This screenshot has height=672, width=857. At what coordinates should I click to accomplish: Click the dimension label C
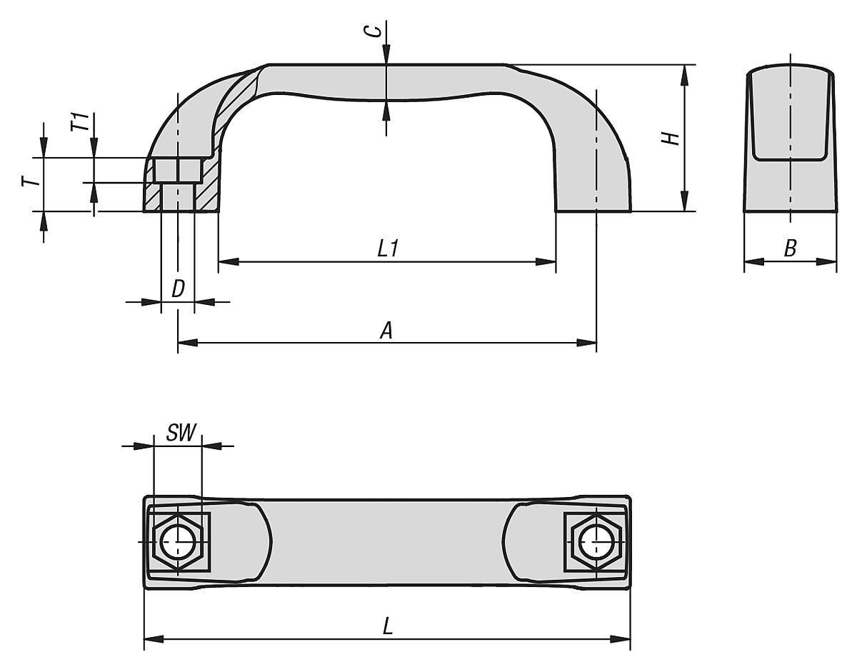pos(377,31)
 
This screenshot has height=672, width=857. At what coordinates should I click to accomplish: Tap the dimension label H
pos(671,139)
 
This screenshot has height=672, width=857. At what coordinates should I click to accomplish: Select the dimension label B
pos(790,249)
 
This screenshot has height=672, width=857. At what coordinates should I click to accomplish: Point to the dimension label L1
pos(388,249)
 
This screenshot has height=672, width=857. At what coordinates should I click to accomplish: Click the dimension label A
pos(386,331)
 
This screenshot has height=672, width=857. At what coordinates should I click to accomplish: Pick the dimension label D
pos(179,289)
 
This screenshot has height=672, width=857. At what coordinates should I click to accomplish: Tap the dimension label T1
pos(82,122)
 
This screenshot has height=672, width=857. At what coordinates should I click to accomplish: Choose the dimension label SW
pos(181,433)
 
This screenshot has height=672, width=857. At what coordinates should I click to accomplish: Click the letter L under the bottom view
pos(388,626)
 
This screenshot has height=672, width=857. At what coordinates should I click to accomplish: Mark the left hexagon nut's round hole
pos(178,542)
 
